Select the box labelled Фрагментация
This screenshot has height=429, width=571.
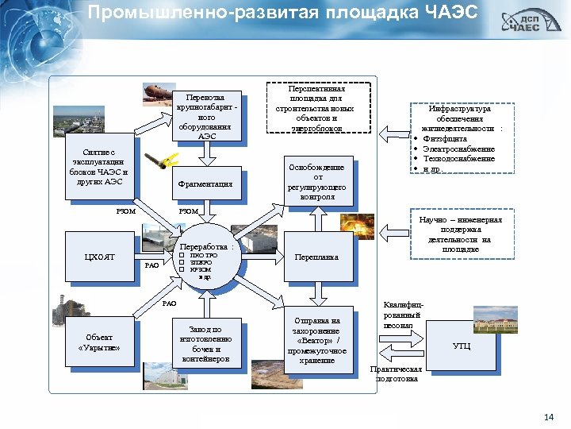pyautogui.click(x=205, y=184)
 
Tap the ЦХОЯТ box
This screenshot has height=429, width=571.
pyautogui.click(x=100, y=256)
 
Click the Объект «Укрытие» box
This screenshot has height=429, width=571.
pyautogui.click(x=100, y=342)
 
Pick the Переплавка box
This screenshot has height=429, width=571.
pyautogui.click(x=316, y=257)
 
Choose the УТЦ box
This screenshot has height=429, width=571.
pyautogui.click(x=461, y=346)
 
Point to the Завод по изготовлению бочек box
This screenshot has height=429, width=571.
pyautogui.click(x=205, y=344)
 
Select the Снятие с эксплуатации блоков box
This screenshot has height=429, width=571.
pyautogui.click(x=98, y=166)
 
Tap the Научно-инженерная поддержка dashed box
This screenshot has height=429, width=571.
pyautogui.click(x=459, y=234)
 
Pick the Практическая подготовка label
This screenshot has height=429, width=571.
pyautogui.click(x=397, y=373)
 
